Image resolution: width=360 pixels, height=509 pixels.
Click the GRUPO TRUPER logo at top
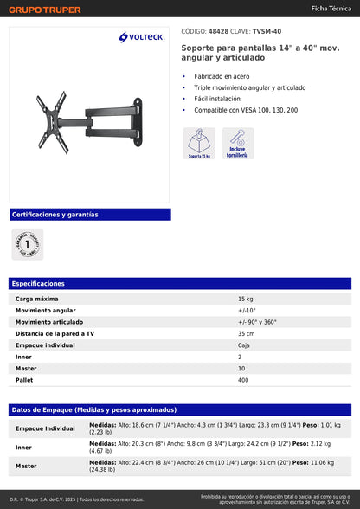pyautogui.click(x=46, y=10)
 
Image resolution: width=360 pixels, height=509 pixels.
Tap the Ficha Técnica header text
pyautogui.click(x=330, y=8)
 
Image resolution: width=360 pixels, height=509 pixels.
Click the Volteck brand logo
pyautogui.click(x=142, y=37)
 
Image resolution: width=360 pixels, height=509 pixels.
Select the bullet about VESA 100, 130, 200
pyautogui.click(x=246, y=110)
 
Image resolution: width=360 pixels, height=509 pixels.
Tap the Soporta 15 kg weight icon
pyautogui.click(x=199, y=143)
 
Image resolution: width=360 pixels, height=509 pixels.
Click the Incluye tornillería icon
pyautogui.click(x=238, y=143)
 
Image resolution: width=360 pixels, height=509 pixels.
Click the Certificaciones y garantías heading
pyautogui.click(x=55, y=214)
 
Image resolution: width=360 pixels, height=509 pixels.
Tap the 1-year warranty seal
pyautogui.click(x=28, y=245)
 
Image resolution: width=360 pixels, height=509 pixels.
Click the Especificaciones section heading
pyautogui.click(x=38, y=283)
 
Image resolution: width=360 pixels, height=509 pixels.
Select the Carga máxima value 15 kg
pyautogui.click(x=246, y=298)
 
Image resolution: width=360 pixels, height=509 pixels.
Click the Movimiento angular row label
pyautogui.click(x=45, y=310)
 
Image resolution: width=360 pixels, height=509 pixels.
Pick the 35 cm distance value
pyautogui.click(x=247, y=333)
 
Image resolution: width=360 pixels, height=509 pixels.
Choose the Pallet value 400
pyautogui.click(x=243, y=380)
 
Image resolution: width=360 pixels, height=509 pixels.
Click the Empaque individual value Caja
pyautogui.click(x=244, y=345)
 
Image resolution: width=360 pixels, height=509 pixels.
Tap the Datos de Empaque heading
pyautogui.click(x=93, y=409)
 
